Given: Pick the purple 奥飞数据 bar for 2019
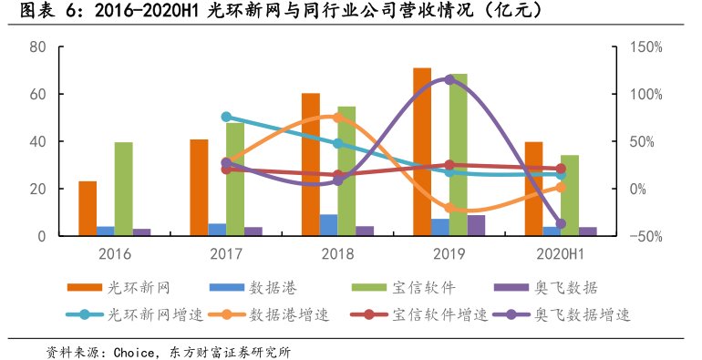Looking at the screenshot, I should click(x=476, y=226).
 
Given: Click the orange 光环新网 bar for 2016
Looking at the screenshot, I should click(x=88, y=209).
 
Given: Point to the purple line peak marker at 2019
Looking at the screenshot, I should click(x=449, y=80).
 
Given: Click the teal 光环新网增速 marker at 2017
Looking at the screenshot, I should click(x=226, y=117).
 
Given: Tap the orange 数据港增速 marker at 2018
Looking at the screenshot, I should click(x=337, y=118).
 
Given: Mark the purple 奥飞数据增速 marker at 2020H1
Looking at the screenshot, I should click(x=561, y=223).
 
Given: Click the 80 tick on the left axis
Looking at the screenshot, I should click(x=37, y=47).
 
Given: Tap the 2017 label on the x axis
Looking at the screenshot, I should click(x=226, y=253).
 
